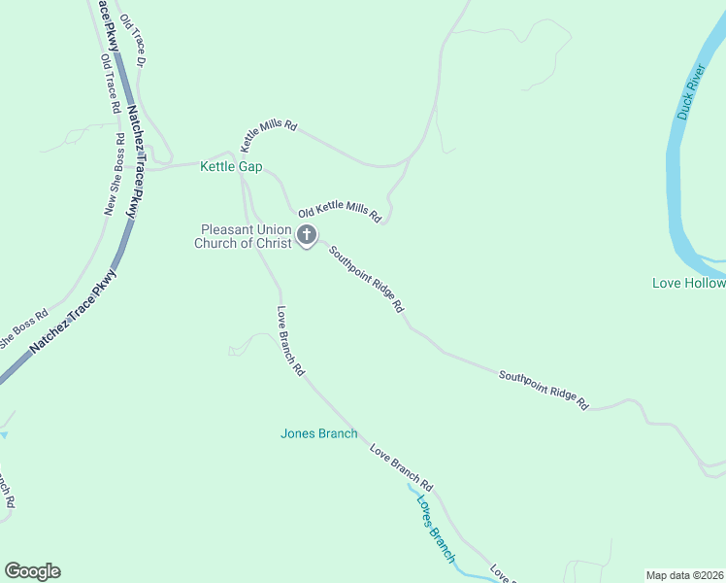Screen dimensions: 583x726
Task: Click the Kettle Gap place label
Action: [231, 167]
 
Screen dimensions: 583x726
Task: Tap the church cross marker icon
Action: [307, 234]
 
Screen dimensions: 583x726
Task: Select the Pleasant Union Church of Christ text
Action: [243, 236]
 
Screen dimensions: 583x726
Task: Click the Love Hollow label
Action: [688, 283]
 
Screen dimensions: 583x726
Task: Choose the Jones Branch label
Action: [318, 433]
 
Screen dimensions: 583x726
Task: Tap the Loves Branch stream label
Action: [435, 529]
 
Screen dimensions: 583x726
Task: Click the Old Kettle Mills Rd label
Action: [339, 212]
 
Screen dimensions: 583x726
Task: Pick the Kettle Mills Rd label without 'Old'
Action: [268, 140]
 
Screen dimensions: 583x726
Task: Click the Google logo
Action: [32, 571]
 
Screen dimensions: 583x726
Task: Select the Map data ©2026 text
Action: [684, 575]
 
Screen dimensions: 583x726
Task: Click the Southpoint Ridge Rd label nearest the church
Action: [365, 278]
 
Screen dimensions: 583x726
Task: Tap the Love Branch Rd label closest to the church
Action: [290, 341]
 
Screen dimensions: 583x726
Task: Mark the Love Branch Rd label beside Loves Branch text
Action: [401, 466]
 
